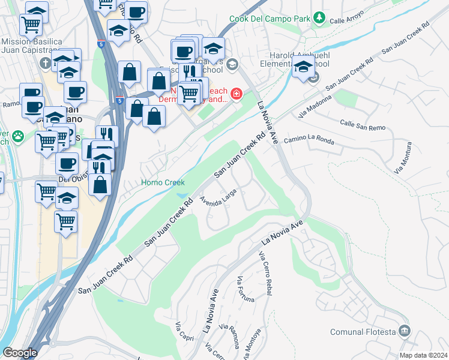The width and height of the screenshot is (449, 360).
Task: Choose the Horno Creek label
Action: click(163, 182)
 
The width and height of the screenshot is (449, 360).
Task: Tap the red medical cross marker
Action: click(237, 94)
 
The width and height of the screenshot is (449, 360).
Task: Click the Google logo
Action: click(20, 353)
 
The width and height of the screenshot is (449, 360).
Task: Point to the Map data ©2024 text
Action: click(423, 355)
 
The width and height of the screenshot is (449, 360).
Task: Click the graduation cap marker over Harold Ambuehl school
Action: click(303, 67)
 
